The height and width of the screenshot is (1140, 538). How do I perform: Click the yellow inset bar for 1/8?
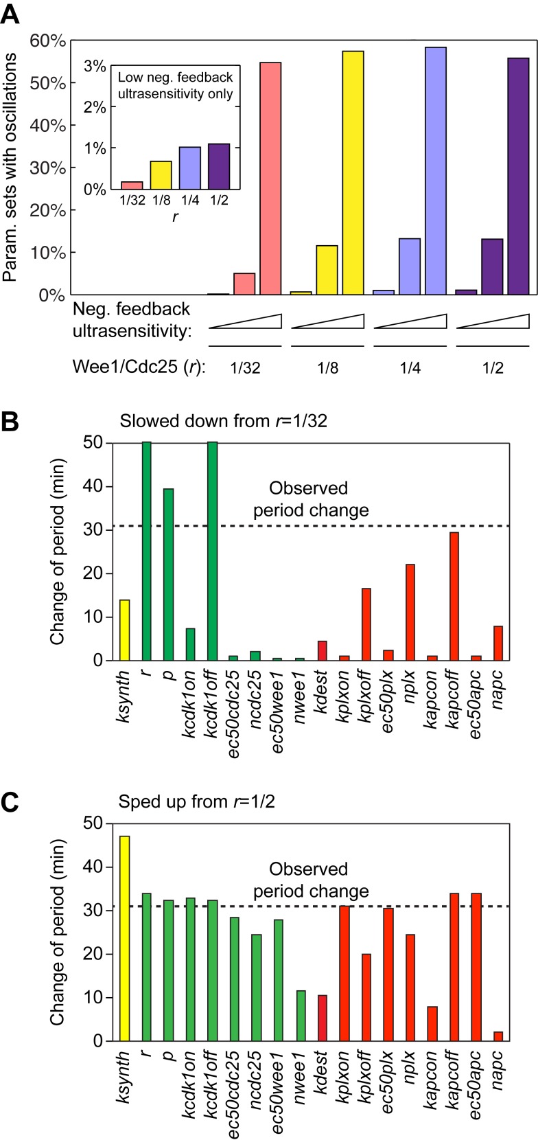click(x=161, y=175)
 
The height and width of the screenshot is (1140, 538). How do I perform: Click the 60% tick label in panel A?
click(x=49, y=41)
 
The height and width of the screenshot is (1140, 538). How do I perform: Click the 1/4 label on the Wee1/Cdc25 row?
click(x=410, y=367)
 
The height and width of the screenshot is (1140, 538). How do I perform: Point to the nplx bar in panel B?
click(x=410, y=612)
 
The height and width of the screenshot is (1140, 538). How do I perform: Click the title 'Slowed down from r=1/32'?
click(x=223, y=420)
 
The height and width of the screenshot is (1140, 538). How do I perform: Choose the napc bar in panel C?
click(x=498, y=1036)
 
